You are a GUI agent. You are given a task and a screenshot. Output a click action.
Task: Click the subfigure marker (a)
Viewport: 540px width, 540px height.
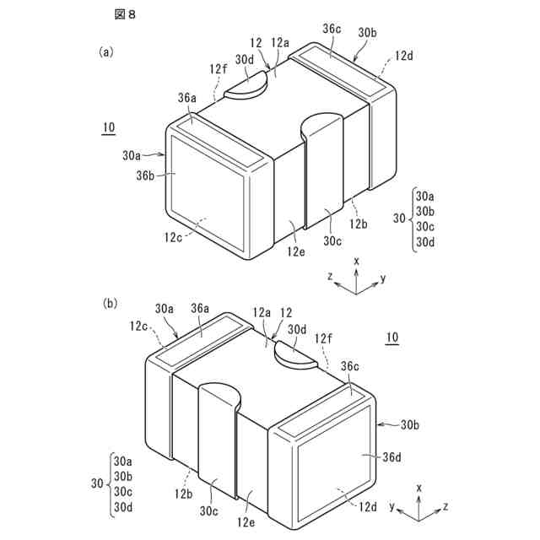[x=105, y=51]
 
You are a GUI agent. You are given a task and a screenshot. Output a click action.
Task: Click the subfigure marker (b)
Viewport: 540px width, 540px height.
[x=109, y=302]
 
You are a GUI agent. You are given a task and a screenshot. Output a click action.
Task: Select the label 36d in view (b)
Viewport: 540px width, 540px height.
[x=390, y=456]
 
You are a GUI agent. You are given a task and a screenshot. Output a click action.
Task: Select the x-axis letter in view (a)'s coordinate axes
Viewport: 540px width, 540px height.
[x=357, y=261]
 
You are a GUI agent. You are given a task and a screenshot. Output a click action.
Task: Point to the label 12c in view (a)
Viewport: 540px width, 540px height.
[x=175, y=237]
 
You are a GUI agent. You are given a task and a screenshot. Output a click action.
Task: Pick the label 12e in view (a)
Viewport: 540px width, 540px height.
[x=295, y=251]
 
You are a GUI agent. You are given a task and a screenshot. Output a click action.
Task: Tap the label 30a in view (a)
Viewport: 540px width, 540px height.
[x=131, y=155]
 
